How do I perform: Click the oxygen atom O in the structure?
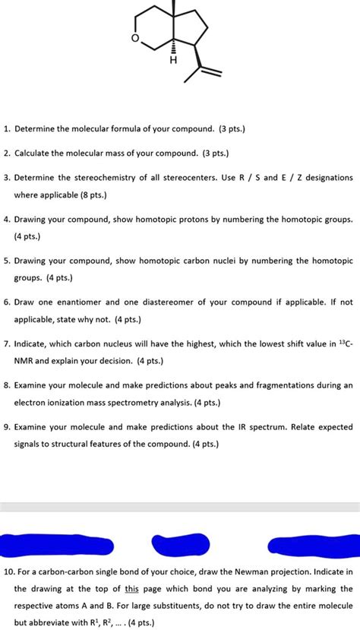point(135,39)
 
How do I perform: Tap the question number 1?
point(5,128)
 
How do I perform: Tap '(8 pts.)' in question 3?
point(89,195)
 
